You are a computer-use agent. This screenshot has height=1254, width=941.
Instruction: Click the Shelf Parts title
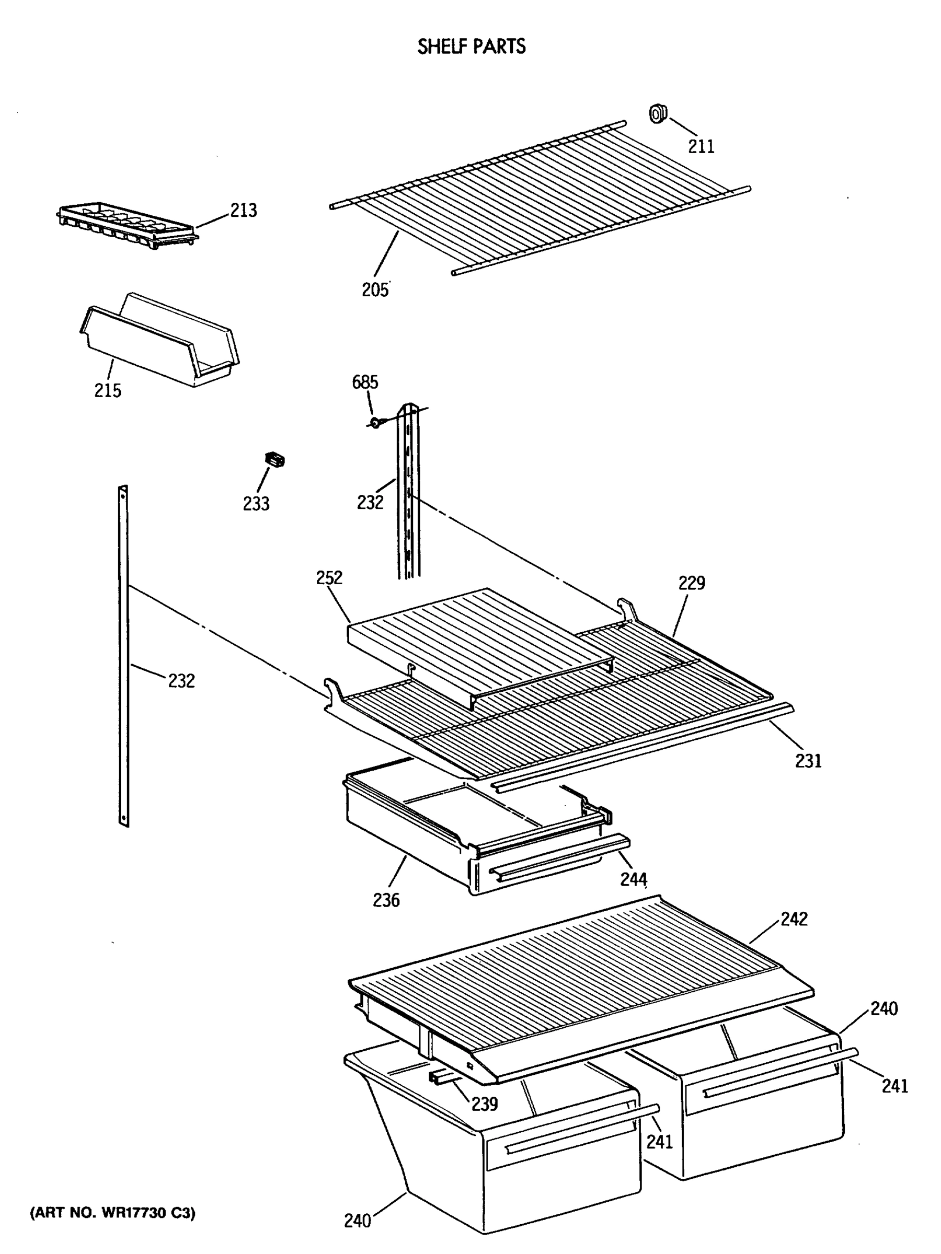pyautogui.click(x=471, y=47)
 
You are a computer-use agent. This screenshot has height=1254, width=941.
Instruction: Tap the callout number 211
pyautogui.click(x=701, y=146)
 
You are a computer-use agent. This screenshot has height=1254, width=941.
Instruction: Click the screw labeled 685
pyautogui.click(x=375, y=422)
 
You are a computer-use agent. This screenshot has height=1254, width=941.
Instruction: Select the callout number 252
pyautogui.click(x=329, y=578)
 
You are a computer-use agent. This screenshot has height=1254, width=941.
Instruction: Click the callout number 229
pyautogui.click(x=691, y=583)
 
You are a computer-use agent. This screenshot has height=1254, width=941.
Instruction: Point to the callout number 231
pyautogui.click(x=808, y=761)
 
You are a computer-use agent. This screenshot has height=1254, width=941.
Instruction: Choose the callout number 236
pyautogui.click(x=386, y=900)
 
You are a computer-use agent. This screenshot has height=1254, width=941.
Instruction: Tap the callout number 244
pyautogui.click(x=633, y=879)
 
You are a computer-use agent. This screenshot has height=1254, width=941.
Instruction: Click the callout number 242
pyautogui.click(x=794, y=919)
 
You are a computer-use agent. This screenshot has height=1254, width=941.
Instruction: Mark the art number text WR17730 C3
pyautogui.click(x=112, y=1213)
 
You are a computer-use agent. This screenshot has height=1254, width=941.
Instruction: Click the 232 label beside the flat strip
pyautogui.click(x=181, y=680)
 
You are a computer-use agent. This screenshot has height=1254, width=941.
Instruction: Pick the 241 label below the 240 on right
pyautogui.click(x=894, y=1086)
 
